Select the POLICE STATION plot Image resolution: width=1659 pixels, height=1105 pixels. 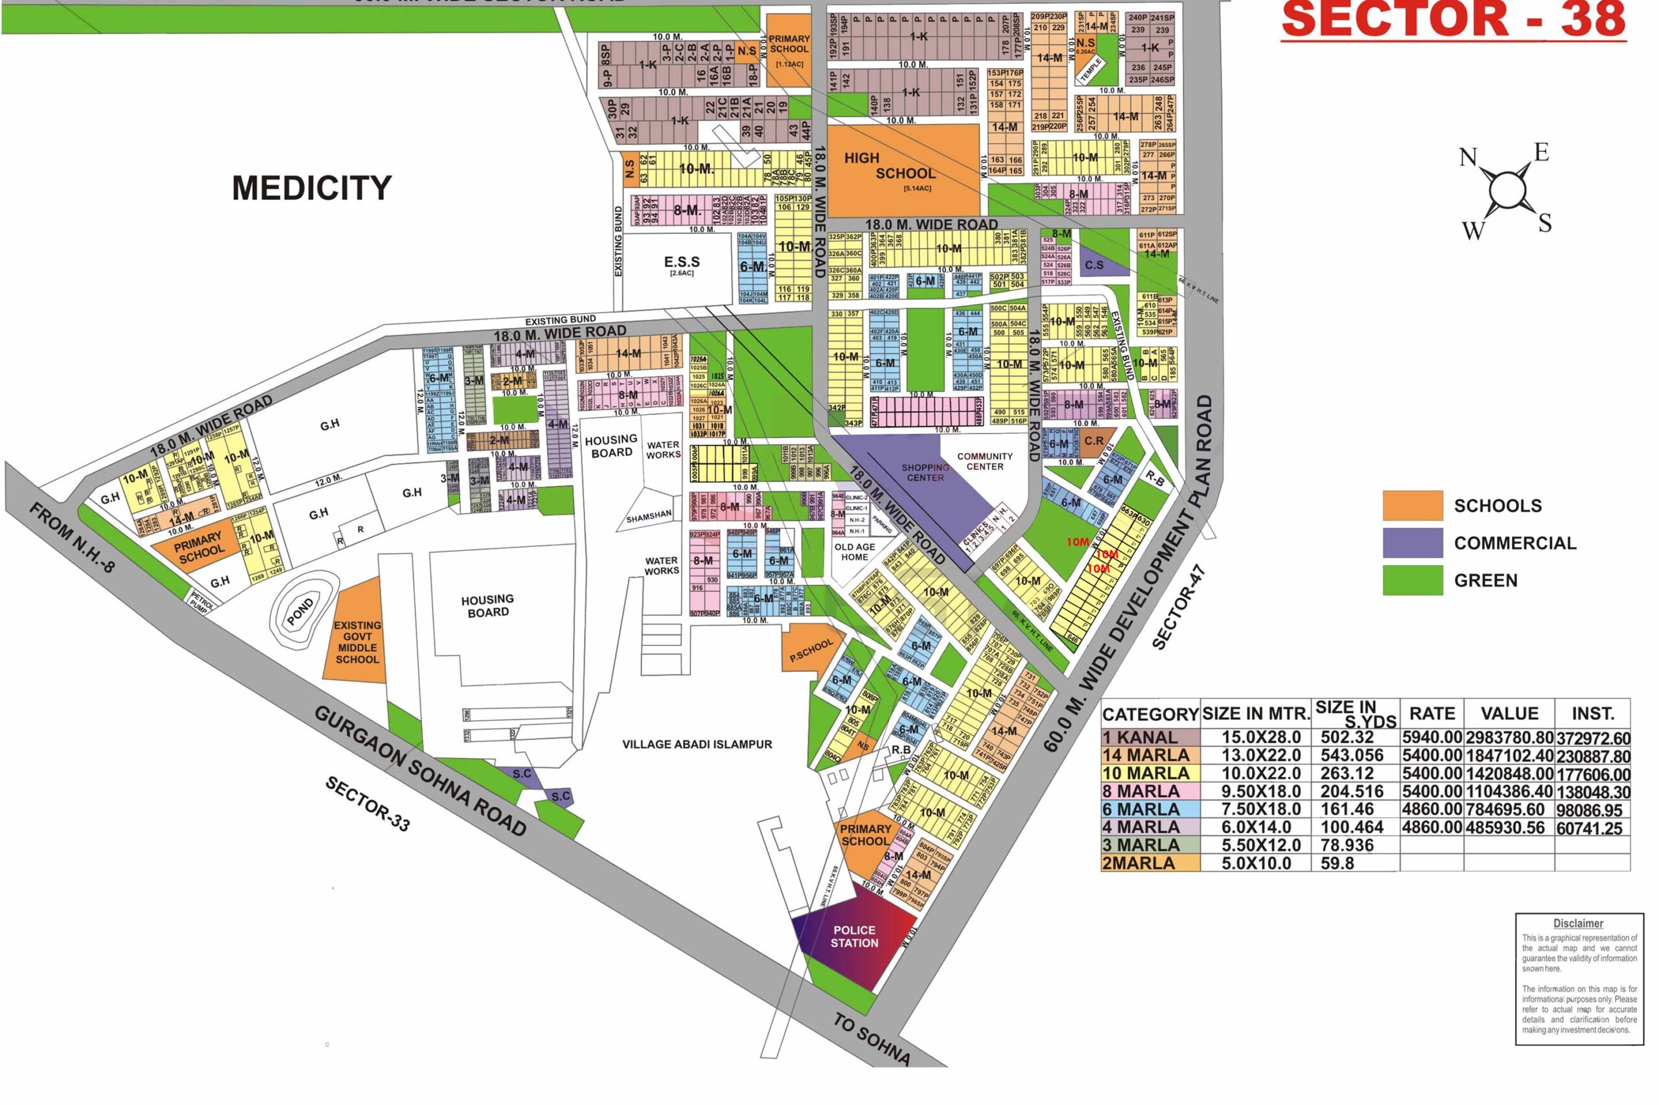855,936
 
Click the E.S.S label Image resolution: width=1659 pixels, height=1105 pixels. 681,264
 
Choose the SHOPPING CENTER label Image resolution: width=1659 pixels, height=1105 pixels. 925,472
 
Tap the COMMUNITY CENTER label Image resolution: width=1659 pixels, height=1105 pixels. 984,461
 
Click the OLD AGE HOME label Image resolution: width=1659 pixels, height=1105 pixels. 855,551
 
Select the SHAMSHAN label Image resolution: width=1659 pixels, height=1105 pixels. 649,517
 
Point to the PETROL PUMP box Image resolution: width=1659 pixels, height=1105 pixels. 200,603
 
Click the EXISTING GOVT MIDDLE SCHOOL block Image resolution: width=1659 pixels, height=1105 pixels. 357,642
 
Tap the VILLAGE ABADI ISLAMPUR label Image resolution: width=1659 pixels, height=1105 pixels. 697,744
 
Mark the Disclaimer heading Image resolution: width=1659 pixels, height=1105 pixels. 1577,923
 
